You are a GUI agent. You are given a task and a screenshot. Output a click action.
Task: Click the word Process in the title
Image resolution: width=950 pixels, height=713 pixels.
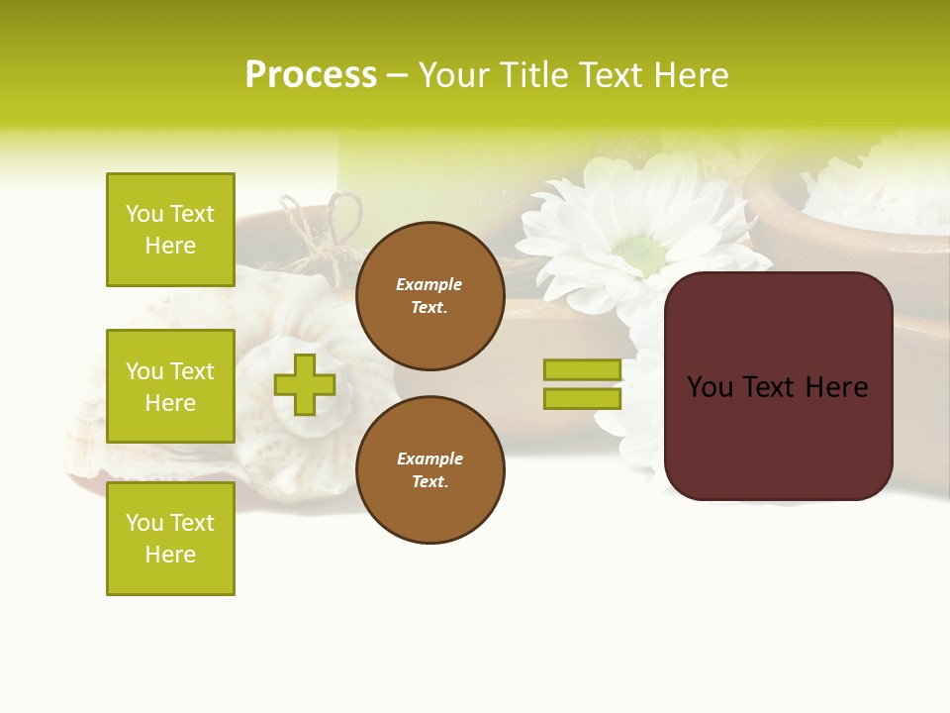click(311, 75)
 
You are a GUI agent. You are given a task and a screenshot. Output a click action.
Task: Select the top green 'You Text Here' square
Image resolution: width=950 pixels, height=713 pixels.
click(170, 230)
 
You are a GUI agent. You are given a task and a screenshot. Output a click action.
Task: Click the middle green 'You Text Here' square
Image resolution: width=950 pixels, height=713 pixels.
click(170, 386)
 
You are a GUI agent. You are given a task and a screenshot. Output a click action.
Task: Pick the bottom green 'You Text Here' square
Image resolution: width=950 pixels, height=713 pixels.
click(170, 539)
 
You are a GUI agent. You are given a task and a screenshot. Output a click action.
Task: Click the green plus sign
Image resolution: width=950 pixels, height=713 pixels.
click(305, 384)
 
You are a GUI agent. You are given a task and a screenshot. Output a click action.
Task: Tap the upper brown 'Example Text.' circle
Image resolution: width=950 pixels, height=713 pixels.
click(429, 295)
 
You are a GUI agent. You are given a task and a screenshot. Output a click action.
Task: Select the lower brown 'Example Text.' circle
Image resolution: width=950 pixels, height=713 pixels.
click(429, 469)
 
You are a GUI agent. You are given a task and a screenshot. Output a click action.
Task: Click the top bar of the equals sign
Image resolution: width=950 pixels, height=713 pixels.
click(582, 369)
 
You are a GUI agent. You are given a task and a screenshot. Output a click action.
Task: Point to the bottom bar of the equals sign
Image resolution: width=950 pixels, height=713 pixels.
click(582, 398)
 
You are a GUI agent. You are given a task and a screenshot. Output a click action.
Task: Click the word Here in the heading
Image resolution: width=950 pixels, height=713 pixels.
click(689, 75)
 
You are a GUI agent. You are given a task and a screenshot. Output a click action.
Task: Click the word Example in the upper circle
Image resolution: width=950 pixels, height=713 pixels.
click(429, 284)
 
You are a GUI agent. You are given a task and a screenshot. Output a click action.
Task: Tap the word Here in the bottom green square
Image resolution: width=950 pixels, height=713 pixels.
click(170, 555)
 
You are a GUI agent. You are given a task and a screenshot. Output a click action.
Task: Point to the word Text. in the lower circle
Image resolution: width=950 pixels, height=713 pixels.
click(429, 481)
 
